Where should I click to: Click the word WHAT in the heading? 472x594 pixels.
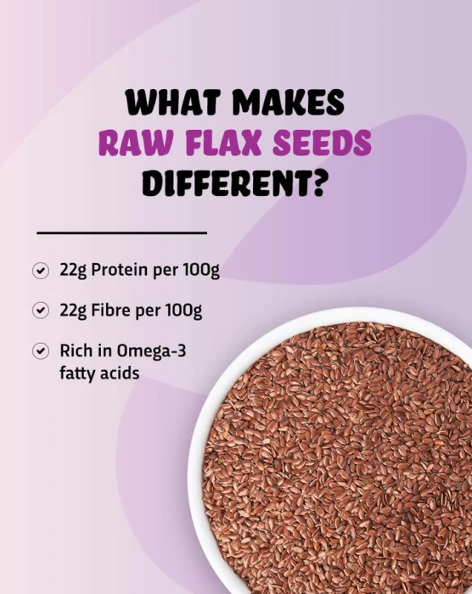click(172, 103)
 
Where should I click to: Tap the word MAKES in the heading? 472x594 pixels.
click(288, 103)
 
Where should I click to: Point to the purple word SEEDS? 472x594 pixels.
click(323, 143)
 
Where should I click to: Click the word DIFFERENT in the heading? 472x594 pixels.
click(226, 183)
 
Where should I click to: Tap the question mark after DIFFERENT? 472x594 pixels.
click(318, 183)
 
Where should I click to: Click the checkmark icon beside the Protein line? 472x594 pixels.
click(40, 271)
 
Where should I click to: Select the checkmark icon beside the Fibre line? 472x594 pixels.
click(40, 311)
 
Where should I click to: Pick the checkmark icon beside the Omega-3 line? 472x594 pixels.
click(40, 351)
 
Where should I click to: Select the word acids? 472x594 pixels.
click(120, 373)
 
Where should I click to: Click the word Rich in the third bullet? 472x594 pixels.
click(75, 350)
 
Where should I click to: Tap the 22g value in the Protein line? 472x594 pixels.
click(73, 271)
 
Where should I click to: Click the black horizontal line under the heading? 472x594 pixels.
click(121, 233)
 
